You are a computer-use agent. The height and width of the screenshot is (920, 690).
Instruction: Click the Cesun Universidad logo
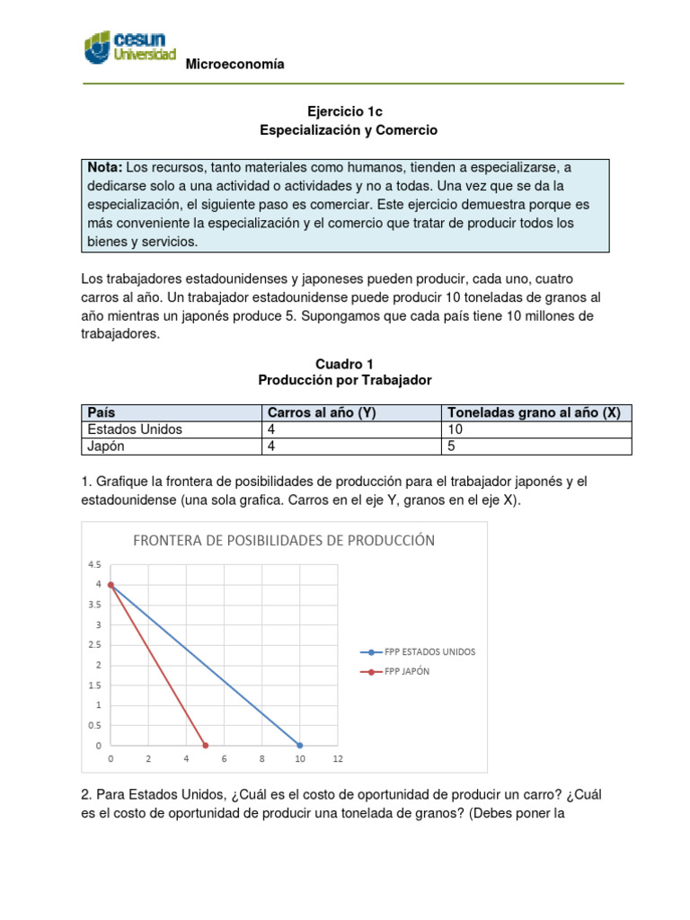129,47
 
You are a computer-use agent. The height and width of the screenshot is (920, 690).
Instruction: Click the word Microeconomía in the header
234,64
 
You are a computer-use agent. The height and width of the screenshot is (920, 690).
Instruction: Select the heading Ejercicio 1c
345,111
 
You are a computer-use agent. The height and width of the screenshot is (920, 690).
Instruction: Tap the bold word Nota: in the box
105,168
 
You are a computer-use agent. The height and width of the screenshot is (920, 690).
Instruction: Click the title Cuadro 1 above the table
344,364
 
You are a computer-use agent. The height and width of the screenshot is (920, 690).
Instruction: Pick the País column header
102,412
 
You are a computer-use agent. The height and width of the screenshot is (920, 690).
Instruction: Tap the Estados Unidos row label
135,429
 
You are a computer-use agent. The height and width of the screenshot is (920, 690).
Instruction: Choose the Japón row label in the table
107,447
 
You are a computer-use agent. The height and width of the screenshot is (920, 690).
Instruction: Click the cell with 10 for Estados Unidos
455,429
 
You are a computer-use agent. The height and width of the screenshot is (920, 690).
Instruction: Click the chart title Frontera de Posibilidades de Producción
284,540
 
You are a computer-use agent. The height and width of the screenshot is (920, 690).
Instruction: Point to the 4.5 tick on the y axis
94,565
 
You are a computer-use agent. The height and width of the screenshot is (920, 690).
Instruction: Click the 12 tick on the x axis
338,759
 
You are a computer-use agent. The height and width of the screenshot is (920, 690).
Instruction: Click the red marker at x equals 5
206,746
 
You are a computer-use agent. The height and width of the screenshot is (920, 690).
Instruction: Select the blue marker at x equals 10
300,746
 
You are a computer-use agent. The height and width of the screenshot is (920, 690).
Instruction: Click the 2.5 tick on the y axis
94,645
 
